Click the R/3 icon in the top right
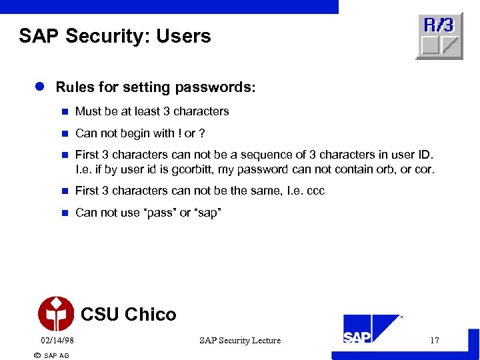439,35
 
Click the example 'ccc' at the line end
315,191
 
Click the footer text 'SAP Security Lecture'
240,341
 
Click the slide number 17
435,341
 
